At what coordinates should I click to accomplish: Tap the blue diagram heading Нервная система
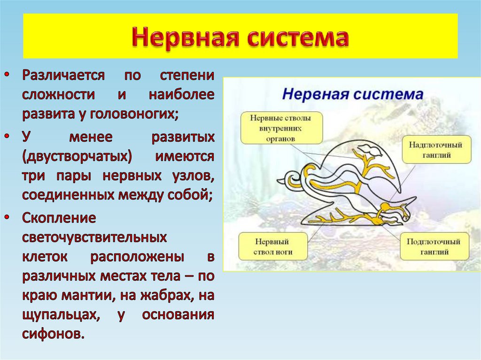point(352,94)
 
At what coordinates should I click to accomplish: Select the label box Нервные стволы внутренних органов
point(281,128)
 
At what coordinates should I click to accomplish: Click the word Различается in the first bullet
point(65,76)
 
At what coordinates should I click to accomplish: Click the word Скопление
point(59,218)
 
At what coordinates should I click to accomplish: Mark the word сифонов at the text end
point(53,334)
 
